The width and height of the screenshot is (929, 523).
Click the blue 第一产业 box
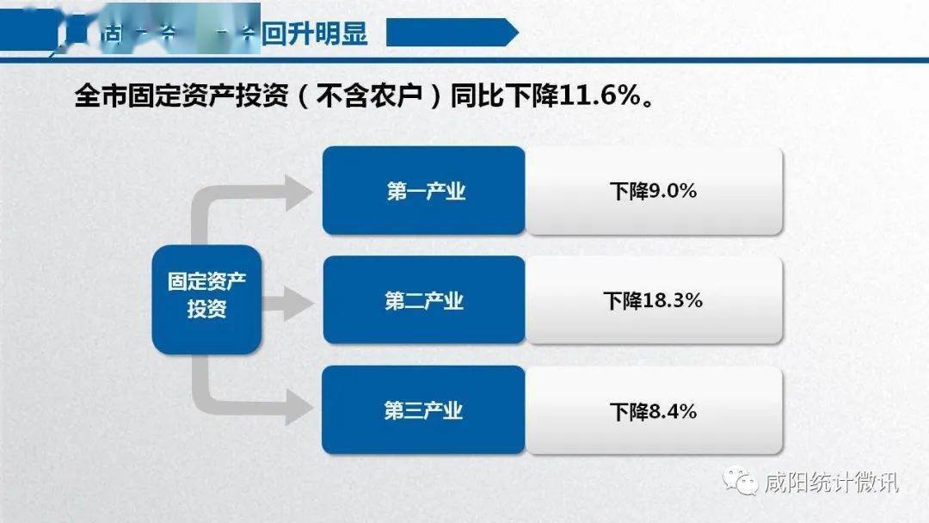point(423,190)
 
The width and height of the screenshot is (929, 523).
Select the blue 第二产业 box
point(423,300)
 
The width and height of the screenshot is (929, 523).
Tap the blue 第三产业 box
point(423,410)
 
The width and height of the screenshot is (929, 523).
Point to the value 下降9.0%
point(654,191)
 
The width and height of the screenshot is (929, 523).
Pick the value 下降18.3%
point(654,300)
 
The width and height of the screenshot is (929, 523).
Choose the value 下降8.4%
point(654,411)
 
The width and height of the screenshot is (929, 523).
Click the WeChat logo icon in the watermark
point(741,483)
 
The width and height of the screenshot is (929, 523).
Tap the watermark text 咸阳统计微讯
point(831,483)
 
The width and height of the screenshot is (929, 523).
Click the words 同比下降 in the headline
point(507,95)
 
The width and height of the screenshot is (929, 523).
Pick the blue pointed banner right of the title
point(452,34)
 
